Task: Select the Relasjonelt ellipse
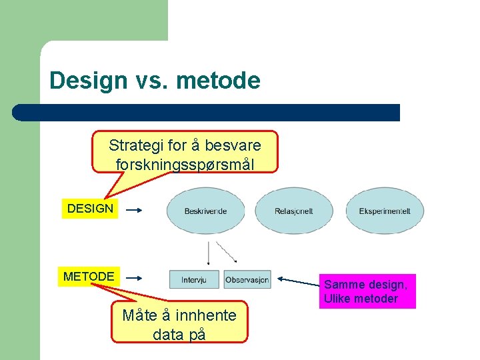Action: coord(293,211)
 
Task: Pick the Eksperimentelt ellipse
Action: coord(385,211)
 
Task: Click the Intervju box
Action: coord(194,280)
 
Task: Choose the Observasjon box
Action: coord(247,280)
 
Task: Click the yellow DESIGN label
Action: coord(90,209)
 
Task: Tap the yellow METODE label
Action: coord(89,276)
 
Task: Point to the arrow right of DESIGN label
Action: coord(134,210)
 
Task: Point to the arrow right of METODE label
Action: coord(134,278)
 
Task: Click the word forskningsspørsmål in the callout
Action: coord(185,163)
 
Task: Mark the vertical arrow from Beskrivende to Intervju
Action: coord(209,253)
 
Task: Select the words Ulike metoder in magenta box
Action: coord(361,299)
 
